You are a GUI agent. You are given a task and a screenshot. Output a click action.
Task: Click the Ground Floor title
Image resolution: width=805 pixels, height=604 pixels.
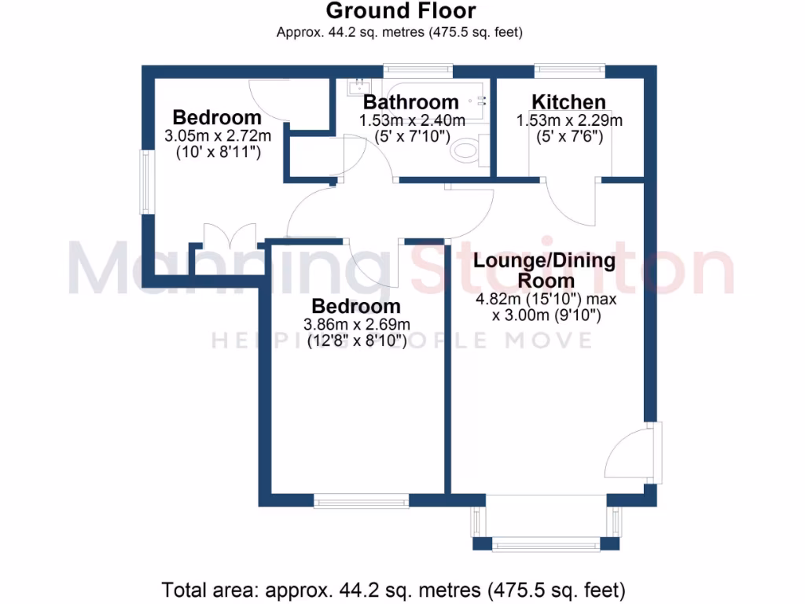400,11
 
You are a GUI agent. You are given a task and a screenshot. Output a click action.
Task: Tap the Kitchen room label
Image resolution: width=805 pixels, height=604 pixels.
568,102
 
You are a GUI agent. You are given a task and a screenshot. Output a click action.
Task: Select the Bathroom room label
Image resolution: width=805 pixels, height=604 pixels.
410,102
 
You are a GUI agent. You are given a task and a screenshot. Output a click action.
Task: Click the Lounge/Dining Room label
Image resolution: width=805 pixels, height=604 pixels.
546,270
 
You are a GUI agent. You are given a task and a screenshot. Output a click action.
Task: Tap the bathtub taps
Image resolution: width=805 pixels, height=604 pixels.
480,100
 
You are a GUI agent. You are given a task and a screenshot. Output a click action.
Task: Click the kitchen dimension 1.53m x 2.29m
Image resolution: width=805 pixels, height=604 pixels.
568,121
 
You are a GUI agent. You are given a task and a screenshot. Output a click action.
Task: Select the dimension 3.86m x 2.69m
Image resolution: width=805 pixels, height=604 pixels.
356,325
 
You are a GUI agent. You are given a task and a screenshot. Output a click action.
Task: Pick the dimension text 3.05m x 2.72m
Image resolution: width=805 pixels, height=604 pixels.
217,136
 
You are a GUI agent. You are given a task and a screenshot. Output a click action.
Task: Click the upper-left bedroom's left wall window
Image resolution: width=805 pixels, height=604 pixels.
145,182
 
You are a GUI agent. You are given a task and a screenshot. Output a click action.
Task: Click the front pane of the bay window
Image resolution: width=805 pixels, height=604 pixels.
546,543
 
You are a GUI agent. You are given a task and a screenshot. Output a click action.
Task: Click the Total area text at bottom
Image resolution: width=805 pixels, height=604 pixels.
393,589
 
